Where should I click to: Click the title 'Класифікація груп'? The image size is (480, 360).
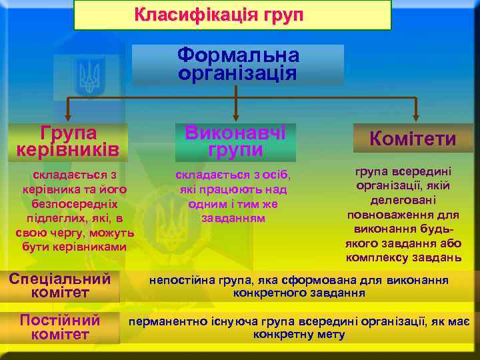pos(219,14)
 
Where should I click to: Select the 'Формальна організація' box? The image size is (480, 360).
pos(238,64)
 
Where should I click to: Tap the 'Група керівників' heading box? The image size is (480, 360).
pos(69,141)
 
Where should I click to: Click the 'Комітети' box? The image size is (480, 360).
pos(413,138)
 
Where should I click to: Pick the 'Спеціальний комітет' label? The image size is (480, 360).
pos(59,285)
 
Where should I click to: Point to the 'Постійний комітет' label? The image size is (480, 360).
pos(60,327)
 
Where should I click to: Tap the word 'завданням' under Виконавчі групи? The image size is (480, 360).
pos(233,218)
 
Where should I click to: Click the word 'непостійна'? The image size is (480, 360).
pos(175,280)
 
